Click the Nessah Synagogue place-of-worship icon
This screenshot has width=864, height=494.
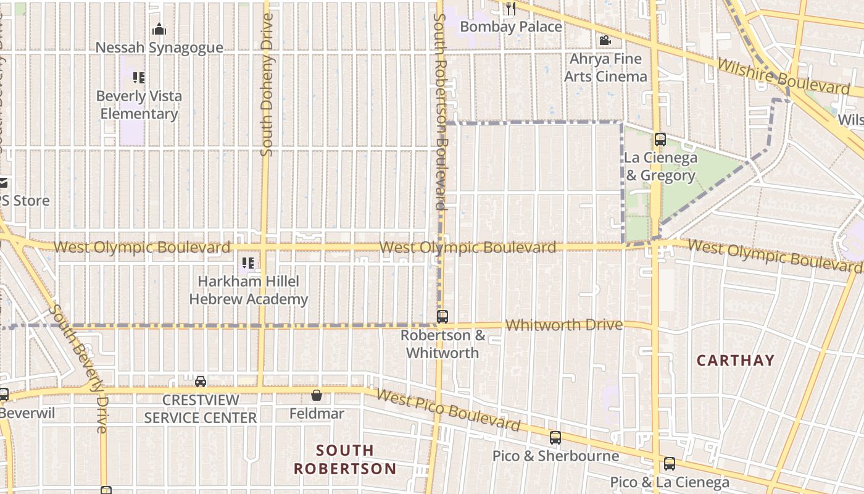tap(159, 29)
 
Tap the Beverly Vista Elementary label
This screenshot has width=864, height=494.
tap(139, 105)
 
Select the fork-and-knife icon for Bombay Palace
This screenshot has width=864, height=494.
tap(510, 8)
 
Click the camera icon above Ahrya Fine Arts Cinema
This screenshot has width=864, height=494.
tap(605, 41)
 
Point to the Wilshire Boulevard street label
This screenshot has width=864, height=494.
tap(783, 77)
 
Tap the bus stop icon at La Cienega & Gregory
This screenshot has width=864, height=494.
tap(660, 140)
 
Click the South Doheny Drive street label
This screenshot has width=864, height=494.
tap(267, 84)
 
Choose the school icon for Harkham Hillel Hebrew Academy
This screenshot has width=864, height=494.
tap(248, 264)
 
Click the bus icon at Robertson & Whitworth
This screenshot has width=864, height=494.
tap(442, 317)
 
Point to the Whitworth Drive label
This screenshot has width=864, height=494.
tap(563, 325)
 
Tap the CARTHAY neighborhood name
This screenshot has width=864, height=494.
tap(735, 361)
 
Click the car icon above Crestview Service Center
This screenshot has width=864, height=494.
tap(201, 382)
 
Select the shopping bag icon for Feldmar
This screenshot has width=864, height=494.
tap(317, 395)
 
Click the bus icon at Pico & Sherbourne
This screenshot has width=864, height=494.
tap(555, 438)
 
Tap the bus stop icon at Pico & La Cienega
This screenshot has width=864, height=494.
tap(670, 464)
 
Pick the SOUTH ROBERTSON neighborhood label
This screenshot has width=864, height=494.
tap(344, 459)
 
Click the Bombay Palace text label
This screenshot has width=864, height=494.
tap(511, 27)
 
